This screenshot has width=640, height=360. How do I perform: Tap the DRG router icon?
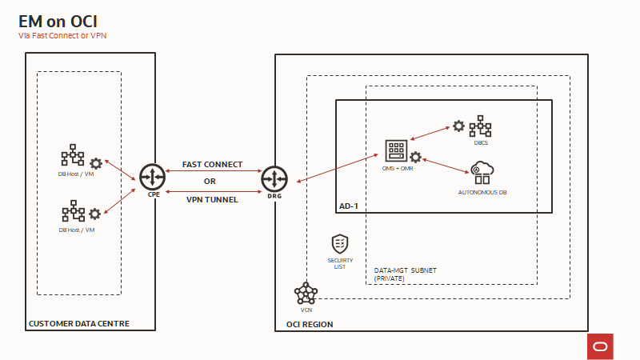point(274,178)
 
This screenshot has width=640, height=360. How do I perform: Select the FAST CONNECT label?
point(212,164)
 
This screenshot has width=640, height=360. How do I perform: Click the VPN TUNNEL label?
point(212,199)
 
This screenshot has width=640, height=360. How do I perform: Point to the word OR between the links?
point(210,182)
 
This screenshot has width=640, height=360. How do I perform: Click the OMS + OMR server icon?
point(396,150)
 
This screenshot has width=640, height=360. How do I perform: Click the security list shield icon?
point(340,242)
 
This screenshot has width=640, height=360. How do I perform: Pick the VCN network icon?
point(306,293)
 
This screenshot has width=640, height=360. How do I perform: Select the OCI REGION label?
point(310,325)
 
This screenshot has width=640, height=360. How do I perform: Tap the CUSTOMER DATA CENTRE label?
point(78,324)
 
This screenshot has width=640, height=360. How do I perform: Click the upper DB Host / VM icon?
point(72,155)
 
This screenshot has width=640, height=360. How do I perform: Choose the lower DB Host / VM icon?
point(72,213)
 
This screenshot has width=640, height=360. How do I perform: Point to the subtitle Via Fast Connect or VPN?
point(62,36)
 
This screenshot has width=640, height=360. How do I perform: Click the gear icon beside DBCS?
point(458,126)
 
